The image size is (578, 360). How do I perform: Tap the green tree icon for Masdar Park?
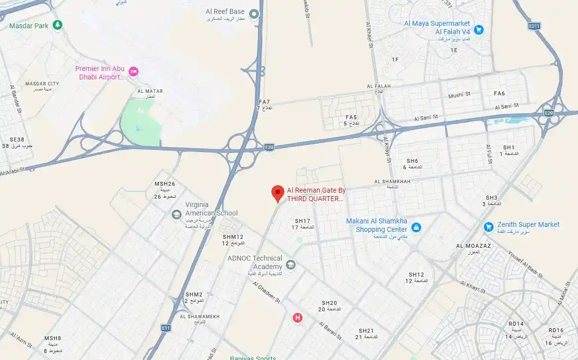pyautogui.click(x=58, y=24)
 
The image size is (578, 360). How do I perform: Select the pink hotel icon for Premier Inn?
pyautogui.click(x=133, y=72)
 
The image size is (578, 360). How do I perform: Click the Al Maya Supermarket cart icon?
pyautogui.click(x=478, y=29)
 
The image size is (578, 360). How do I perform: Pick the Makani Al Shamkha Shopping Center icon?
pyautogui.click(x=416, y=228)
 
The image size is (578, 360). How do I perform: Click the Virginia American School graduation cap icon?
pyautogui.click(x=176, y=215)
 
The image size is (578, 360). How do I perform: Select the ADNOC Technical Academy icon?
pyautogui.click(x=291, y=265)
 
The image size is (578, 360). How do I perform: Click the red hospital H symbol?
pyautogui.click(x=297, y=317)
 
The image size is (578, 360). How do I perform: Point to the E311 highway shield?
pyautogui.click(x=534, y=26)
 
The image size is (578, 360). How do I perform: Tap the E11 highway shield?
pyautogui.click(x=166, y=328)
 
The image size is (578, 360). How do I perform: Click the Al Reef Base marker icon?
pyautogui.click(x=255, y=14)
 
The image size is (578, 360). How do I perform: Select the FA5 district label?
pyautogui.click(x=351, y=118)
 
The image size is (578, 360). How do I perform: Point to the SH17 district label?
pyautogui.click(x=302, y=221)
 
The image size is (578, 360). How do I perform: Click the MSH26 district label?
pyautogui.click(x=165, y=184)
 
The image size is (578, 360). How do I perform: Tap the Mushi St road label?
pyautogui.click(x=459, y=95)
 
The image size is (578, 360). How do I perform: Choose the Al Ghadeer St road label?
pyautogui.click(x=266, y=293)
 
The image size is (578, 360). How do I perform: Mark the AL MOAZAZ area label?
pyautogui.click(x=473, y=246)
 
